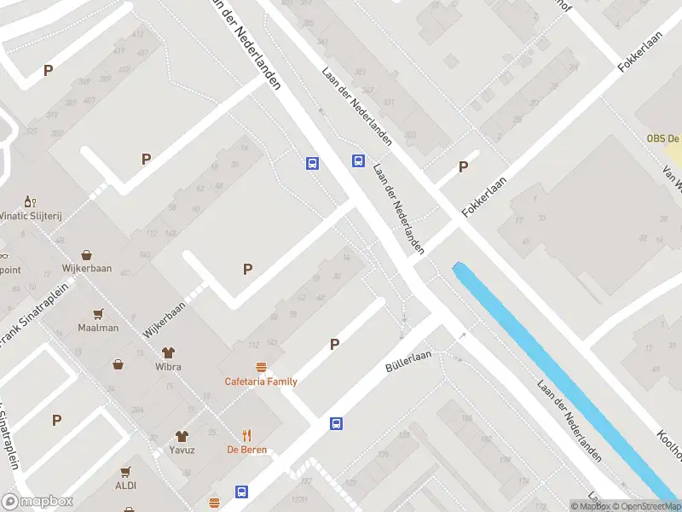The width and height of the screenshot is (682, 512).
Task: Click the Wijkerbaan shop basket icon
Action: [x=87, y=254]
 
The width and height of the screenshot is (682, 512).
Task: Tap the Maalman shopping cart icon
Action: [x=98, y=313]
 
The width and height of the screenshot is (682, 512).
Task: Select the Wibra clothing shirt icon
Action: [x=168, y=352]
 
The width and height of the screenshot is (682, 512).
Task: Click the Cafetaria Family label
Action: [x=261, y=381]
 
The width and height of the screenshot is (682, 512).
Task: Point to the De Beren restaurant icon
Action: [x=247, y=434]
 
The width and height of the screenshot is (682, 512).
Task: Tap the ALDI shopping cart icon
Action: [x=125, y=471]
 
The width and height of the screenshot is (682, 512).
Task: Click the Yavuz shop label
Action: [x=182, y=450]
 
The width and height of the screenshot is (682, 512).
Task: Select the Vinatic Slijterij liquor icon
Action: [x=28, y=201]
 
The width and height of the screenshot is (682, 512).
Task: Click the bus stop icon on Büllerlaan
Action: [x=337, y=422]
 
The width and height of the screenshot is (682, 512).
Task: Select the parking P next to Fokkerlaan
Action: [x=464, y=167]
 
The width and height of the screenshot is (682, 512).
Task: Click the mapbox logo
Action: [x=38, y=502]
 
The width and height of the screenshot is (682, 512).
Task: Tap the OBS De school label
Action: [x=662, y=138]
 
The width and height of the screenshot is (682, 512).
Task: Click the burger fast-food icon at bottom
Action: [x=214, y=503]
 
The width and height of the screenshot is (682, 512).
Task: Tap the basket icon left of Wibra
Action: [x=118, y=364]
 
